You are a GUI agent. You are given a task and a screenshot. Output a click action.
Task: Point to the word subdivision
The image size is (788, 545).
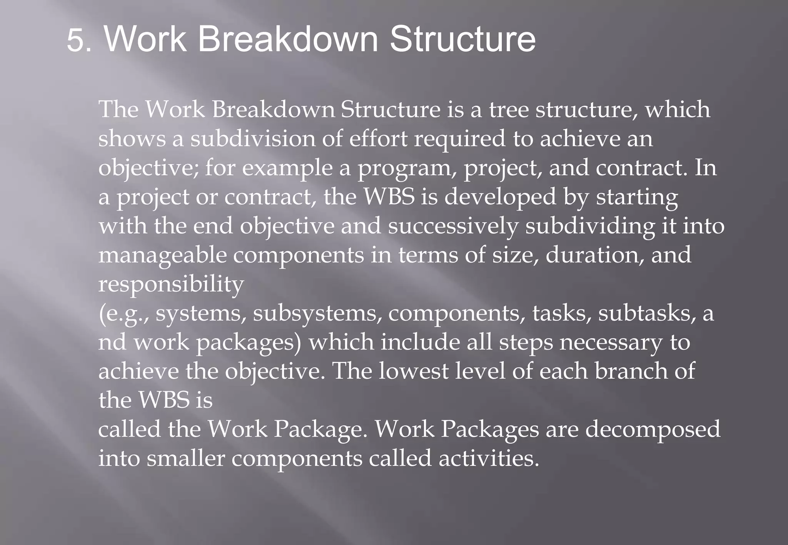coord(253,139)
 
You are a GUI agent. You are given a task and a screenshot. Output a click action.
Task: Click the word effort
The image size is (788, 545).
coord(378,139)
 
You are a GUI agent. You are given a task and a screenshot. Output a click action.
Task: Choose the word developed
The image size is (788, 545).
coord(500,197)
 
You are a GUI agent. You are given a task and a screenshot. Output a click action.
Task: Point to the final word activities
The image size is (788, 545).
coord(489,458)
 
